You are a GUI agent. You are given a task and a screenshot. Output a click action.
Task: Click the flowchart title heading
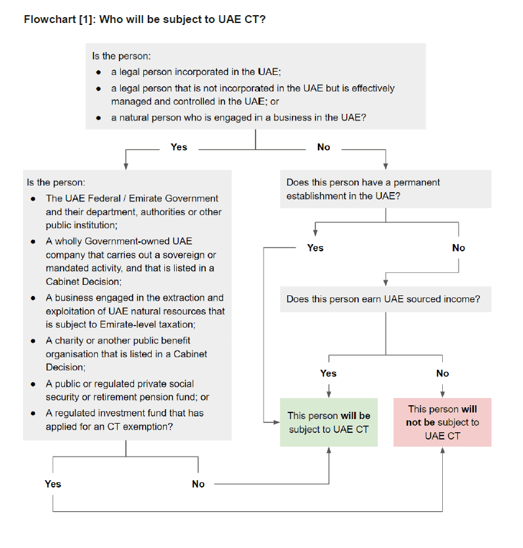point(145,19)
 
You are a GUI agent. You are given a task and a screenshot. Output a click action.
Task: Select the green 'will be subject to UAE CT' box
point(329,422)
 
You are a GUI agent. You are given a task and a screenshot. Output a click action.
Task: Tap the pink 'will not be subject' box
point(442,422)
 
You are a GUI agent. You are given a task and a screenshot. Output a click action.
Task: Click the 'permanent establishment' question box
point(386,189)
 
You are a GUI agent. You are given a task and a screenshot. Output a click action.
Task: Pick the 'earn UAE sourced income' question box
point(386,299)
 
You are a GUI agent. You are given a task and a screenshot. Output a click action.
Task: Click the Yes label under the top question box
point(179,147)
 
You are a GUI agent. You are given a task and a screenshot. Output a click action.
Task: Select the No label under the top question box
point(323,147)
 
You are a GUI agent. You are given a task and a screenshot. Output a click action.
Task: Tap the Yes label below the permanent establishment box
point(315,248)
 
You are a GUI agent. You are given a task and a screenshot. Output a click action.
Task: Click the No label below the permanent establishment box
point(459,248)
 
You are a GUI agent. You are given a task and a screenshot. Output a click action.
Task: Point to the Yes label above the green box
point(329,373)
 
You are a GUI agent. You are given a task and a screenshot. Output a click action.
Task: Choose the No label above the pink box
point(443,373)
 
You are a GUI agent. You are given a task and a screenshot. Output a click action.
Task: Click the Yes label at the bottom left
point(53,484)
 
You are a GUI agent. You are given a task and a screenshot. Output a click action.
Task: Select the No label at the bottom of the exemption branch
point(198,484)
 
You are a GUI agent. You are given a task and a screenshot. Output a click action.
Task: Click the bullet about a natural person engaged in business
point(238,118)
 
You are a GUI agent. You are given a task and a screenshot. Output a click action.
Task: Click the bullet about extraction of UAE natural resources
point(135,311)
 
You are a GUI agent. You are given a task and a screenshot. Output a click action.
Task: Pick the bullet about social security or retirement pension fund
point(127,390)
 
